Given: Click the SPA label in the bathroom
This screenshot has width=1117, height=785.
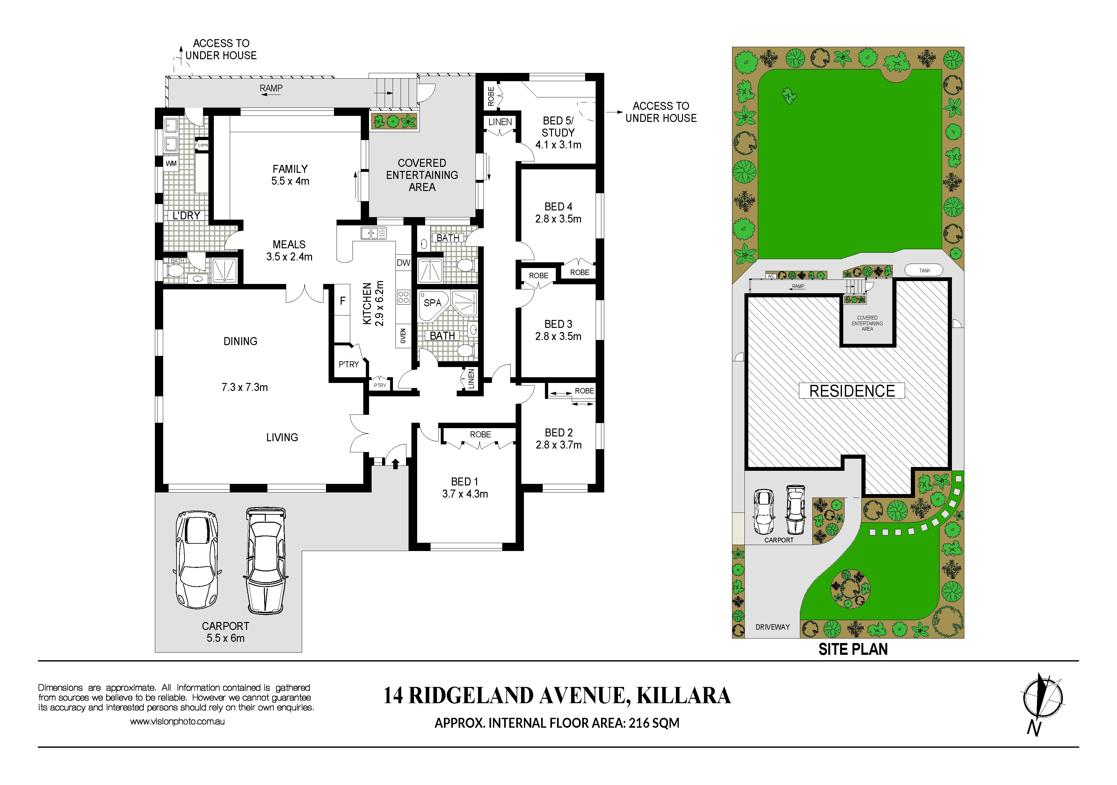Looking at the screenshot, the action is coord(432,302).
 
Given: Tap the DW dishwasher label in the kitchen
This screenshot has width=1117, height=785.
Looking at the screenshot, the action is coord(403,263).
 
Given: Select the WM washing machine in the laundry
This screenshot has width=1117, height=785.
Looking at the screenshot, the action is coord(171,163).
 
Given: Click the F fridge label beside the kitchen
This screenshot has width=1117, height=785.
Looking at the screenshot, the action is coord(343,301).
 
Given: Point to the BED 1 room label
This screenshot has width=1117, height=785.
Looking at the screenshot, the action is coord(465,482).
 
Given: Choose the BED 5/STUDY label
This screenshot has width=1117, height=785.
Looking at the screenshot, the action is coord(558,126).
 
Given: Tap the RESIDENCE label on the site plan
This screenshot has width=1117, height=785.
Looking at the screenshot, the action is coord(852,391).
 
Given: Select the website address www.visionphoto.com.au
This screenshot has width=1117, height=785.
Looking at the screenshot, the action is coord(177,722).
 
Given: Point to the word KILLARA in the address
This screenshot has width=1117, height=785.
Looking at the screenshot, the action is coord(684,696).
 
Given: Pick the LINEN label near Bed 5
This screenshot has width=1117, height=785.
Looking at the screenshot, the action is coord(500,122).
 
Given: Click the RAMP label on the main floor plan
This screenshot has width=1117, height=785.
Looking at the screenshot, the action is coord(271,88).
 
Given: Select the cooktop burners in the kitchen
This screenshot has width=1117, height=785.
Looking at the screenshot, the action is coord(403,297).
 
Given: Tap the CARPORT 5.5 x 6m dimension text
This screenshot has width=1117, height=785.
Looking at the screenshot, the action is coord(225,638).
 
